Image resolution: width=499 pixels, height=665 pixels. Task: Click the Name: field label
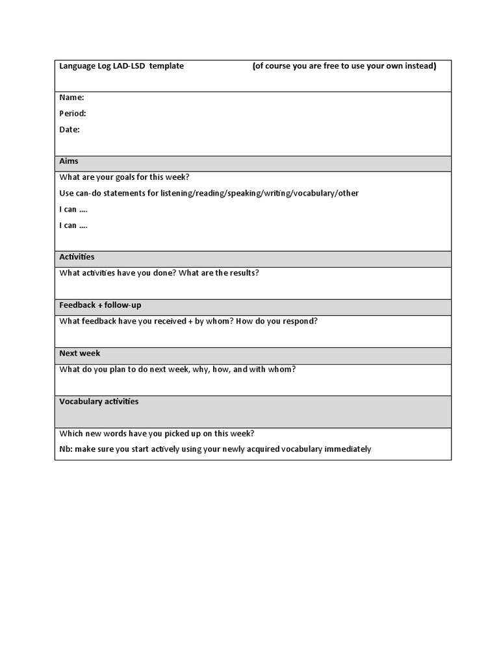[x=71, y=97]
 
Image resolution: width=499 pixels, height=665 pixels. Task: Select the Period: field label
[x=73, y=114]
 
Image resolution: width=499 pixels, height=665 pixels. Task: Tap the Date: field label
[x=70, y=129]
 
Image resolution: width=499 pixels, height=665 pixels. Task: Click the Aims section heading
[x=69, y=160]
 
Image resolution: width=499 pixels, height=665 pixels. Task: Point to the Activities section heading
[x=77, y=257]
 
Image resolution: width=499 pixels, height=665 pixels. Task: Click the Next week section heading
[x=80, y=353]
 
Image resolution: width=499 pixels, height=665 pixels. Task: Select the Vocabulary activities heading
[x=99, y=401]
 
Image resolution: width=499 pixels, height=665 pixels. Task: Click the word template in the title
[x=166, y=66]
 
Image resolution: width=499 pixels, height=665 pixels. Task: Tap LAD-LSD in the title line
[x=130, y=66]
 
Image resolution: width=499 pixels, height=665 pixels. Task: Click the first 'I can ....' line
[x=73, y=209]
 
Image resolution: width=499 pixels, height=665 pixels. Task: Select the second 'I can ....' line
[x=73, y=225]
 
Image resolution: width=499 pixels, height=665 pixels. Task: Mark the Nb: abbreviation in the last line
[x=66, y=449]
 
